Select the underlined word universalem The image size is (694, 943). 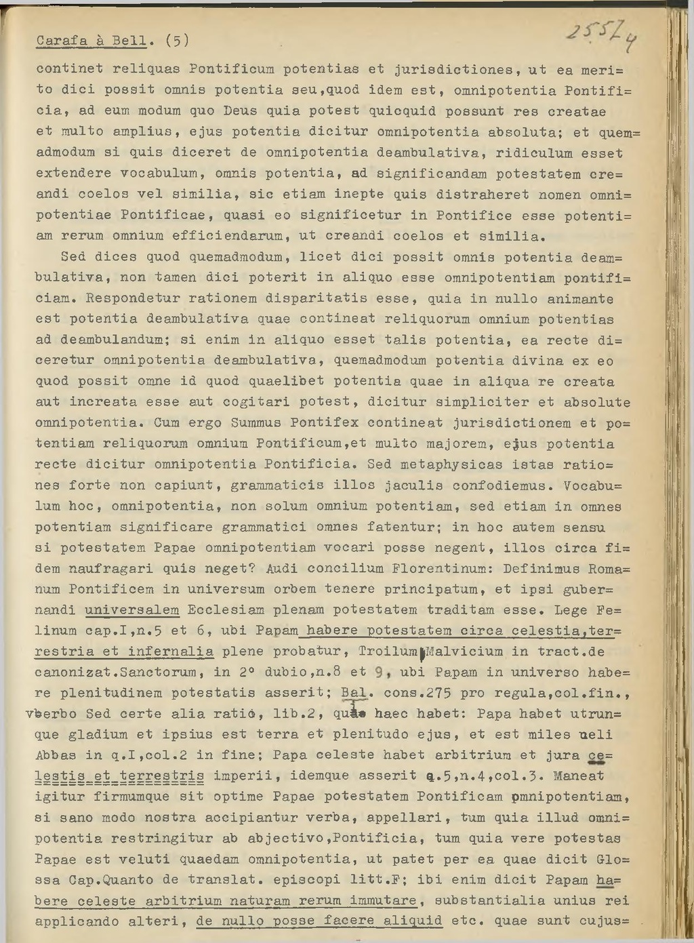pos(132,610)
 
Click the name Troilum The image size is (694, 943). pos(388,651)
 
